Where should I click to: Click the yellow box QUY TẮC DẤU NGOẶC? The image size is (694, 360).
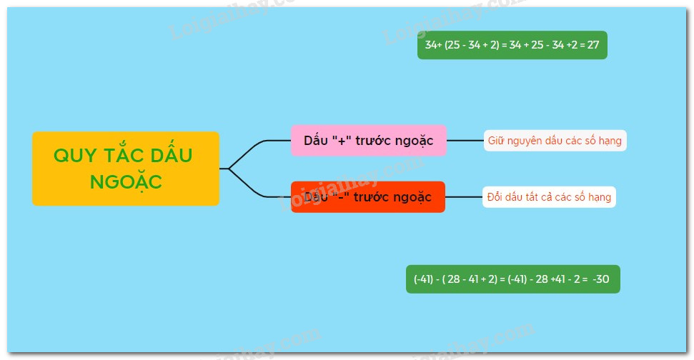[x=125, y=169]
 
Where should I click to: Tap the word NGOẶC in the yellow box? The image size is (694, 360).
[x=126, y=182]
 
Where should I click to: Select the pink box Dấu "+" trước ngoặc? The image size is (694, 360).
[x=368, y=141]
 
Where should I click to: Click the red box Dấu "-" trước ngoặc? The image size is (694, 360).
[x=368, y=196]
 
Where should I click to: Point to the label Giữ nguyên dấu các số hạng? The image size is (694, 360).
[x=555, y=141]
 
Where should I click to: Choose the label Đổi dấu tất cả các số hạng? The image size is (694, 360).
[x=549, y=196]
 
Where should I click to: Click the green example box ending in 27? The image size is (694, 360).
[x=512, y=45]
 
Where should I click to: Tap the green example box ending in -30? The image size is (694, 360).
[x=512, y=279]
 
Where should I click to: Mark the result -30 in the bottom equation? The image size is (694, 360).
[x=601, y=279]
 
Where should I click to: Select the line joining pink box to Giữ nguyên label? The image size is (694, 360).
[x=465, y=141]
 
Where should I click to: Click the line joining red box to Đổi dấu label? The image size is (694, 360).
[x=464, y=196]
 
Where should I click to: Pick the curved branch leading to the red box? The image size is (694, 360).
[x=254, y=189]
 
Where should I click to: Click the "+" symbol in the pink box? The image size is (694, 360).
[x=341, y=141]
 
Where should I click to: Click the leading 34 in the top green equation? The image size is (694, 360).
[x=431, y=45]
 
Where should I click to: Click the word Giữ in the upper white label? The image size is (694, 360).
[x=496, y=141]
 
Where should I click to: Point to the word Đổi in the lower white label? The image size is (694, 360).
[x=495, y=196]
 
